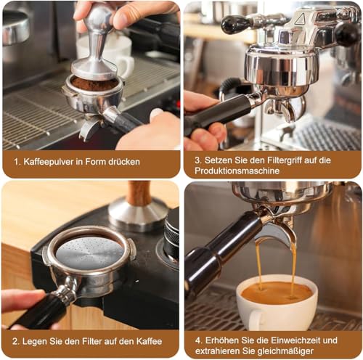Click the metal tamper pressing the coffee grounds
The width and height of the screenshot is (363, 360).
94,51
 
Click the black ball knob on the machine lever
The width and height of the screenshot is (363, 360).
234,25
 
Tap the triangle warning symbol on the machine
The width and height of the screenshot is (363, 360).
300,16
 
